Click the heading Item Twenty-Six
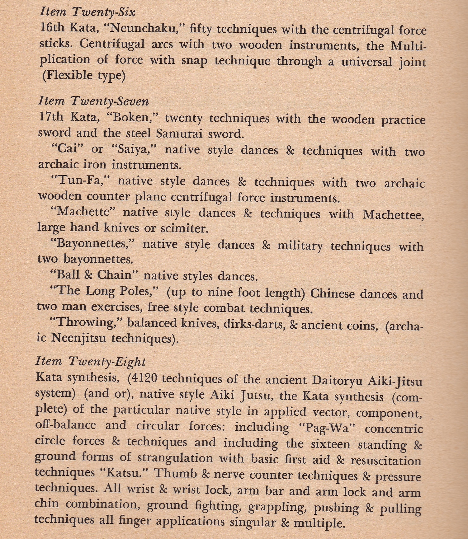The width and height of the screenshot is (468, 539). tap(88, 12)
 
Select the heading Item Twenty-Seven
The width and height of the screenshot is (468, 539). tap(93, 101)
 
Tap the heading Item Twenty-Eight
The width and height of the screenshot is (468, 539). tap(91, 361)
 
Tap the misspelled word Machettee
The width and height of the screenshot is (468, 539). tap(393, 215)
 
